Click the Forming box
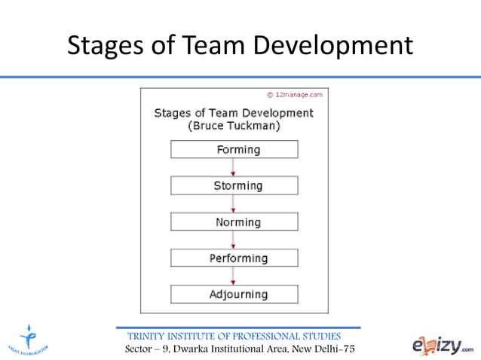(234, 149)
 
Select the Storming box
(234, 185)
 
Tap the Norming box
(234, 222)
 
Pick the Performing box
(234, 258)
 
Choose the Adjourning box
(234, 294)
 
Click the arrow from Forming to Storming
(234, 167)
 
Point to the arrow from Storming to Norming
(234, 203)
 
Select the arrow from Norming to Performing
(234, 240)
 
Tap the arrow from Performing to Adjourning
(234, 276)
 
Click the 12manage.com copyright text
(296, 95)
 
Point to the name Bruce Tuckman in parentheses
(234, 127)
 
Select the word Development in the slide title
(332, 45)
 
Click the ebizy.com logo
(443, 344)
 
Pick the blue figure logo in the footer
(28, 339)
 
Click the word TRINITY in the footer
(152, 336)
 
